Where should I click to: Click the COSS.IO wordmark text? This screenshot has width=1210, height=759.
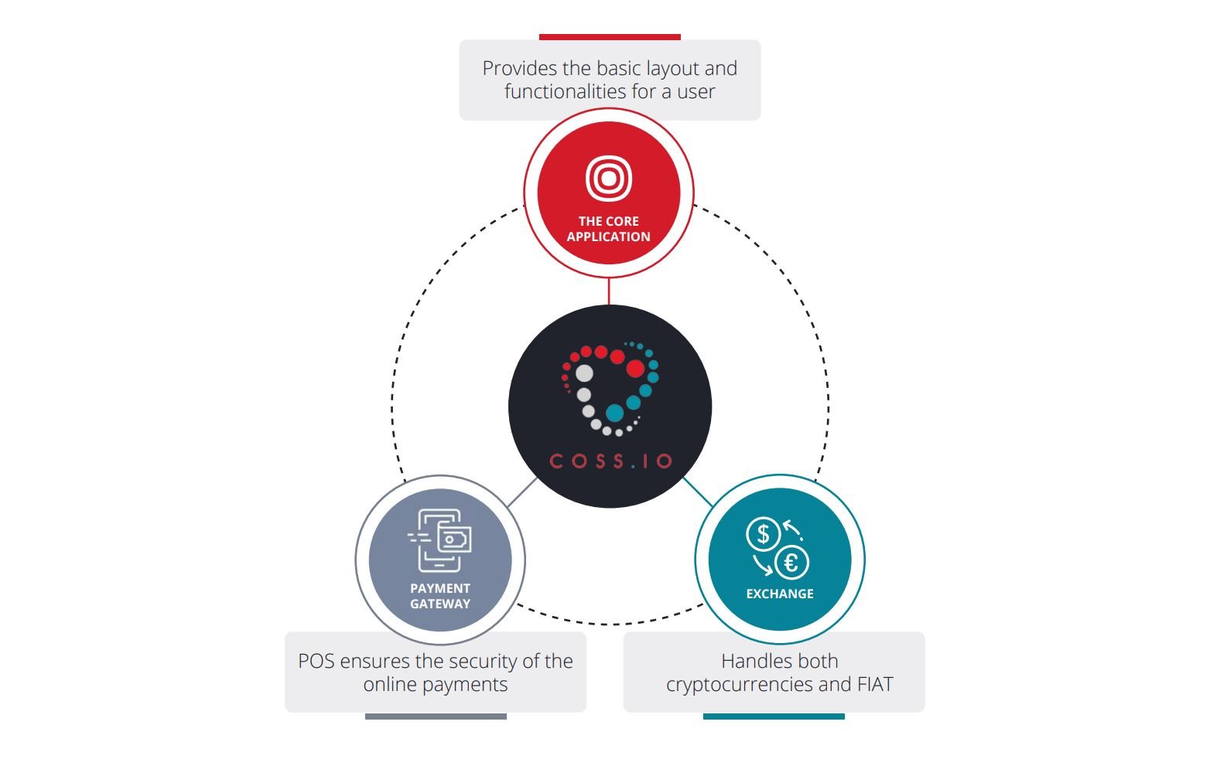tap(611, 461)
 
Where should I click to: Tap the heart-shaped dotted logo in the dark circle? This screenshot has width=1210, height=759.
tap(610, 388)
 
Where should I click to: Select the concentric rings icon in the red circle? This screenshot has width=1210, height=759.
tap(609, 178)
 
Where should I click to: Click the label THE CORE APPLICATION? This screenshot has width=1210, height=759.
tap(609, 229)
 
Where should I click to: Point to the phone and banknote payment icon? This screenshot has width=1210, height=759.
tap(439, 540)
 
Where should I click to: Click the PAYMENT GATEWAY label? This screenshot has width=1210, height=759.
tap(440, 596)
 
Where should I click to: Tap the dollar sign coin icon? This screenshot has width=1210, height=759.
tap(763, 534)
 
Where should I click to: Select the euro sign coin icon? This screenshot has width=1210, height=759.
tap(791, 563)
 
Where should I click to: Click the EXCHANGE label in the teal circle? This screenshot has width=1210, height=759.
tap(780, 594)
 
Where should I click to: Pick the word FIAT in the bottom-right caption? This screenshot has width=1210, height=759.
tap(875, 684)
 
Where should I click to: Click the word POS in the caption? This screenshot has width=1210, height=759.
tap(316, 662)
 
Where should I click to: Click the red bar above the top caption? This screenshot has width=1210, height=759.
tap(610, 36)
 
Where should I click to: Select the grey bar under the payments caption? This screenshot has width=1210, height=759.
tap(436, 716)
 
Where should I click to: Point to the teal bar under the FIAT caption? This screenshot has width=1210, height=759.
tap(774, 716)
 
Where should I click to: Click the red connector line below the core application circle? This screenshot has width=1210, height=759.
tap(609, 291)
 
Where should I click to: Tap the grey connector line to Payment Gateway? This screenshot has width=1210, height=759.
tap(522, 492)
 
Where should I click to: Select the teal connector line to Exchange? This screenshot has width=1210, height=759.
tap(698, 492)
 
